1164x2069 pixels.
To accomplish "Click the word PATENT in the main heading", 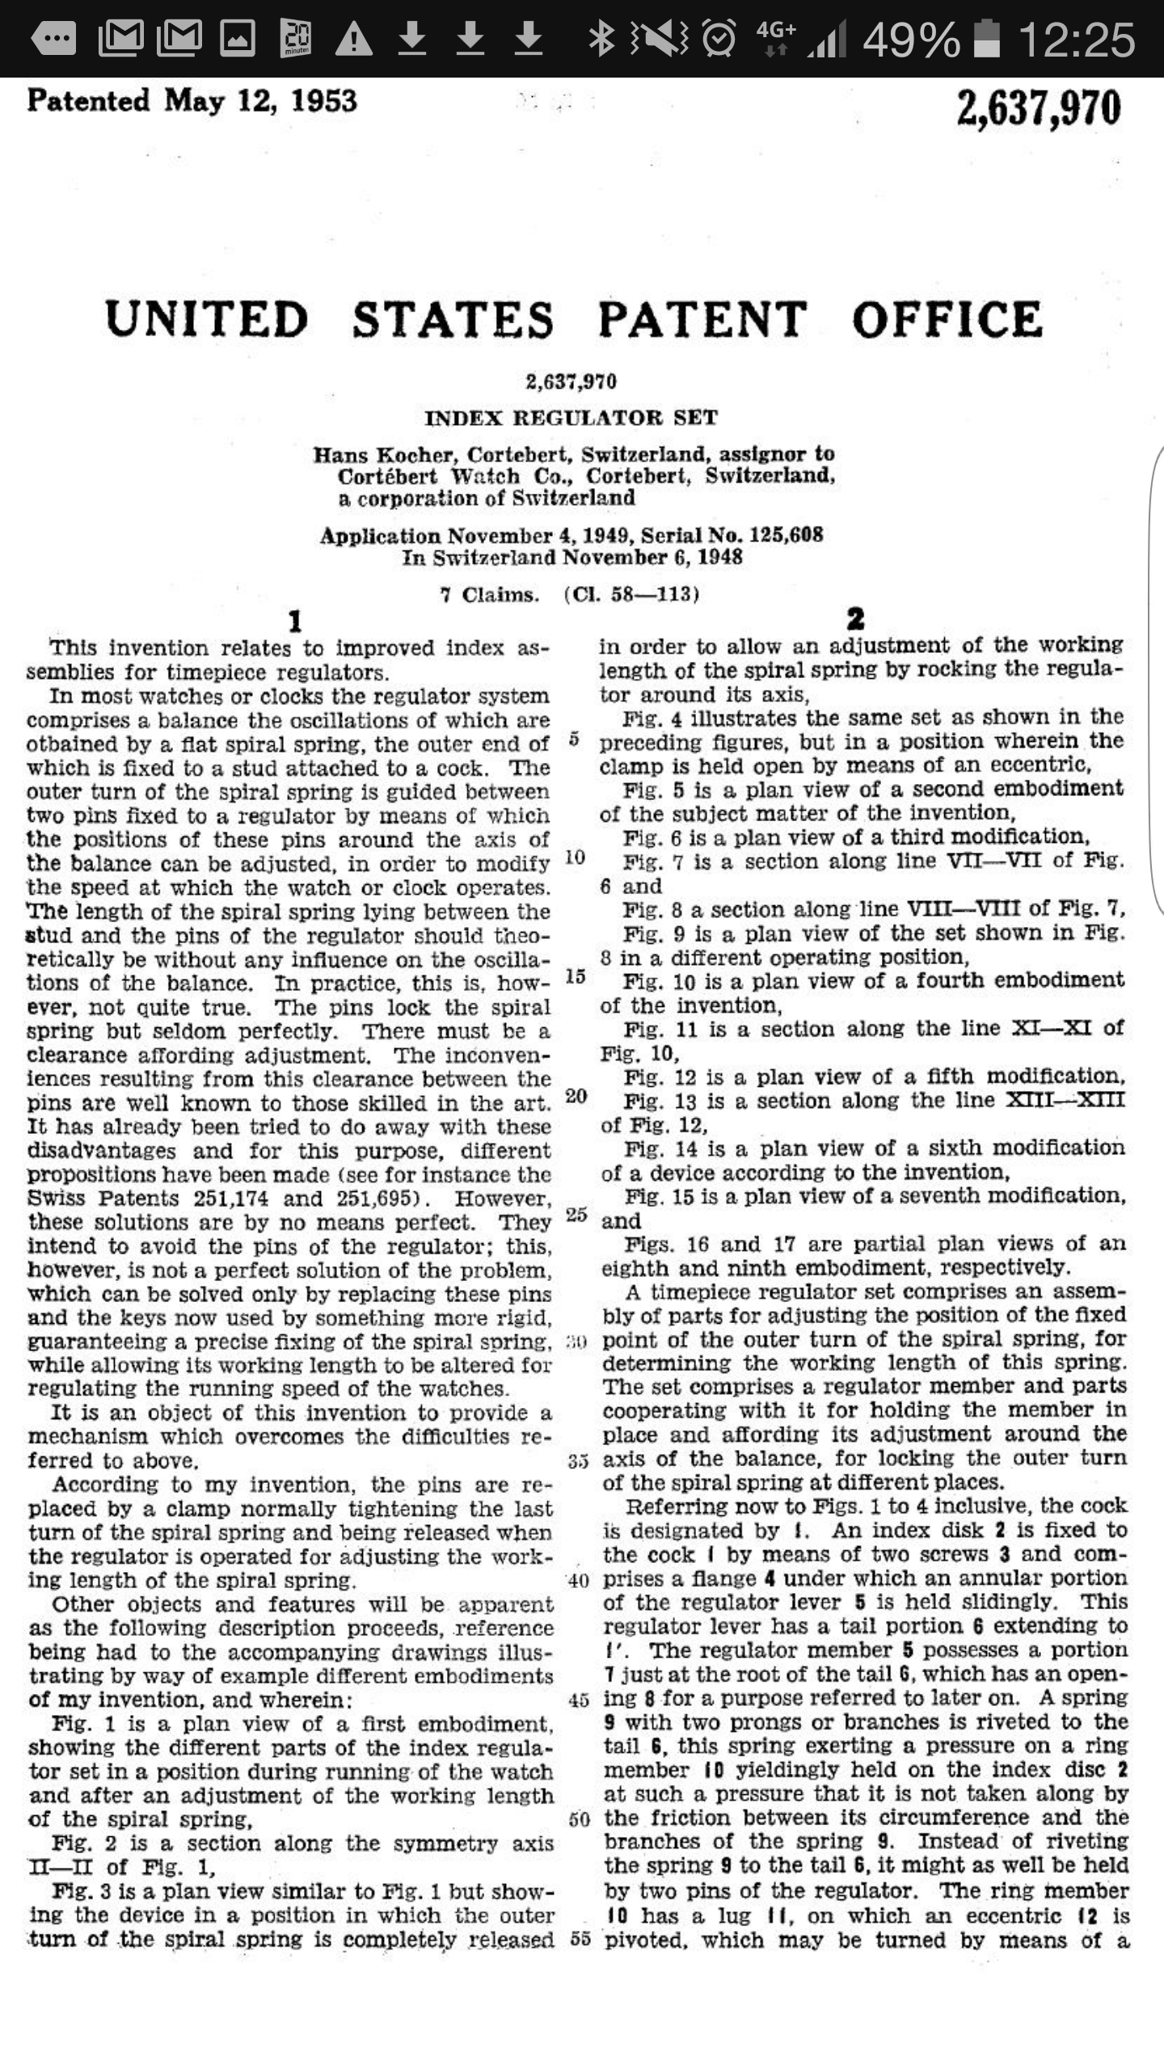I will (x=702, y=319).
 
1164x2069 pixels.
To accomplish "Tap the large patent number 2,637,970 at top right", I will (x=1039, y=109).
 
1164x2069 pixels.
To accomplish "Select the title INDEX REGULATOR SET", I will (x=571, y=418).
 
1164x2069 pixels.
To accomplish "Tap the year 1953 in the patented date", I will (x=323, y=101).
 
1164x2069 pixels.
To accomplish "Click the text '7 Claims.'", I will (x=489, y=595).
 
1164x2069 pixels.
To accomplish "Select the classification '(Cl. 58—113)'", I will (x=631, y=595).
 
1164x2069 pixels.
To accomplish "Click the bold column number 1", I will (x=295, y=621).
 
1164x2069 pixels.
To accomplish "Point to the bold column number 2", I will (x=855, y=619).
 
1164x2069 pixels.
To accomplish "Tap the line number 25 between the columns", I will (x=576, y=1214).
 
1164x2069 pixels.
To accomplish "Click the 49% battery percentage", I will (x=911, y=39).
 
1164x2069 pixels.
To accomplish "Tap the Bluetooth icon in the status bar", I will (x=601, y=39).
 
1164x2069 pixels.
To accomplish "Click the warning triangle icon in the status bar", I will (x=353, y=39).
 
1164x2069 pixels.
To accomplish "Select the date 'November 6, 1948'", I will (x=652, y=558).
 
